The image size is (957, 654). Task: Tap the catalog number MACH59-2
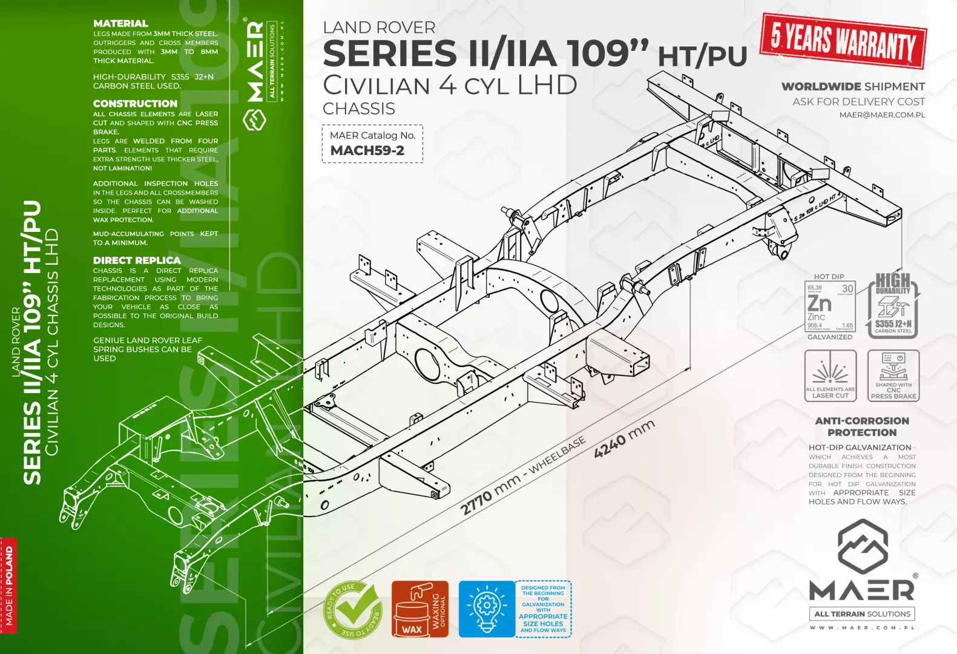click(367, 151)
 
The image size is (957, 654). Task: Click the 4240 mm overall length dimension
click(624, 438)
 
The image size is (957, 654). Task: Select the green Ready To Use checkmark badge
click(353, 610)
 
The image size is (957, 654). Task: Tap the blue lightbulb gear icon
click(486, 609)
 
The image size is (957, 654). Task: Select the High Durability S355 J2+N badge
click(893, 305)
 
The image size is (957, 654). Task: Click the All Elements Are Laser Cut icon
click(830, 375)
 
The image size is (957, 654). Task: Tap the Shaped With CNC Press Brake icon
click(893, 375)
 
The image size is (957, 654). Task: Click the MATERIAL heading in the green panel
click(120, 24)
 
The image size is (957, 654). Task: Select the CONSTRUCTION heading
click(135, 104)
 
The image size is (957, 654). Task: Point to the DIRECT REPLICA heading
click(137, 260)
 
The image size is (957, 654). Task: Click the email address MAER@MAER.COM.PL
click(882, 115)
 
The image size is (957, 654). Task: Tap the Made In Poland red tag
click(9, 586)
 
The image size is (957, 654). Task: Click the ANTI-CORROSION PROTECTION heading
click(862, 426)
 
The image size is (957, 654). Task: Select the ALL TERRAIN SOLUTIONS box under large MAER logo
click(862, 614)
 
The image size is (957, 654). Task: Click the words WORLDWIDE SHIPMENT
click(853, 87)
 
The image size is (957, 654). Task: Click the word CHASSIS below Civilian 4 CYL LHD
click(359, 109)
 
